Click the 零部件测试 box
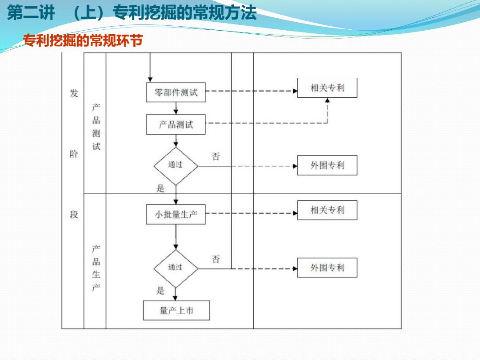pyautogui.click(x=176, y=92)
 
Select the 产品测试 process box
pyautogui.click(x=176, y=124)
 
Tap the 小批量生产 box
pyautogui.click(x=176, y=214)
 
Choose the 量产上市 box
pyautogui.click(x=176, y=310)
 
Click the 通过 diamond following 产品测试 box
pyautogui.click(x=176, y=166)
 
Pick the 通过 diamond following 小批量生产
pyautogui.click(x=176, y=268)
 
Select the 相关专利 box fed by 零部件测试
pyautogui.click(x=327, y=88)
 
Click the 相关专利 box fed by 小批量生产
pyautogui.click(x=327, y=210)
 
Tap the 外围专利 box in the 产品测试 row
pyautogui.click(x=327, y=165)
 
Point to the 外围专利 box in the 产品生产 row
pyautogui.click(x=327, y=268)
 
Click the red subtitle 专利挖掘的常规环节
pyautogui.click(x=83, y=40)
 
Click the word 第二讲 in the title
pyautogui.click(x=31, y=13)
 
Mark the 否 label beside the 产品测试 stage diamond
pyautogui.click(x=216, y=156)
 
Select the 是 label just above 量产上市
pyautogui.click(x=160, y=290)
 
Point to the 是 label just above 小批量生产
pyautogui.click(x=160, y=188)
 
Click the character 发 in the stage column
pyautogui.click(x=74, y=93)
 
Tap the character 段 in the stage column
pyautogui.click(x=74, y=214)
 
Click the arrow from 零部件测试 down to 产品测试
pyautogui.click(x=176, y=108)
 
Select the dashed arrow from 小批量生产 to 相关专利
pyautogui.click(x=251, y=213)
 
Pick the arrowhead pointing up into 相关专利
pyautogui.click(x=327, y=100)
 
